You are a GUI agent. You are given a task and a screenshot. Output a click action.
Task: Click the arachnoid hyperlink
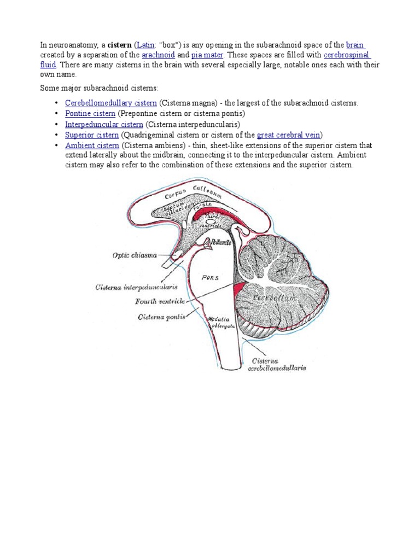tap(158, 55)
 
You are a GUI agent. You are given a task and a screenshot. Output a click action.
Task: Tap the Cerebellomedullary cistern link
tap(111, 103)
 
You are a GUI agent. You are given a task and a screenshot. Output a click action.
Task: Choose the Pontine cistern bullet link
tap(90, 113)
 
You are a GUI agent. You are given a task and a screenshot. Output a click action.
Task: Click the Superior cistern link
tap(92, 135)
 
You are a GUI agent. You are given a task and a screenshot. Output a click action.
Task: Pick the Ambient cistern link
tap(92, 145)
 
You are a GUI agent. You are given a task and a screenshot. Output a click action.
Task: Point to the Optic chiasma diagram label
tap(135, 255)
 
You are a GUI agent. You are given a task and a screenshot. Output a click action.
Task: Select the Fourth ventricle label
tap(160, 301)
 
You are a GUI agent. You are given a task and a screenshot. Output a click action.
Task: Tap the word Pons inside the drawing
tap(209, 277)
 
